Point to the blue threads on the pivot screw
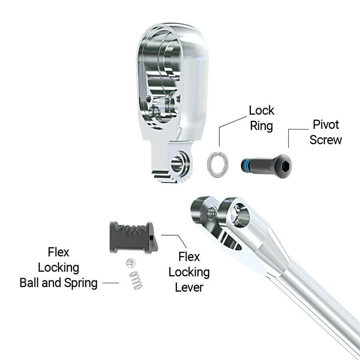(246, 164)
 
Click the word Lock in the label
(262, 110)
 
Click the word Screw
(326, 140)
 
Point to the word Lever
(188, 287)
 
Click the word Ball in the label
(31, 283)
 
